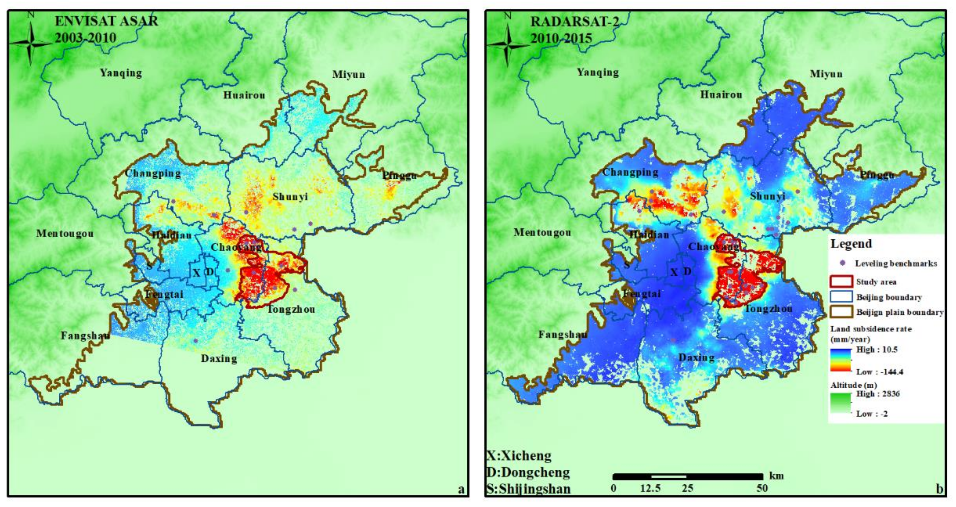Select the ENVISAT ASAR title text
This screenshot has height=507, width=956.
tap(106, 21)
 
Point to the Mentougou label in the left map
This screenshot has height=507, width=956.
tap(65, 234)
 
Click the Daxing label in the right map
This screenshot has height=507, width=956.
tap(697, 358)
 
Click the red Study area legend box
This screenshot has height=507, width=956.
tap(841, 282)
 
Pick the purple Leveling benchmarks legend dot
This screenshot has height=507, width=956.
tap(842, 263)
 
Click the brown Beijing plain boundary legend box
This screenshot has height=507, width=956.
tap(841, 312)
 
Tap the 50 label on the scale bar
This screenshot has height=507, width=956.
tap(762, 488)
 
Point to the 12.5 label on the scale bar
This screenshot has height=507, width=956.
tap(650, 488)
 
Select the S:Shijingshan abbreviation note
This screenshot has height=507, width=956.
tap(529, 489)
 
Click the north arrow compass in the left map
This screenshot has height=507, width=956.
tap(31, 44)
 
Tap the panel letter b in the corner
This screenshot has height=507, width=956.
tap(939, 489)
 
